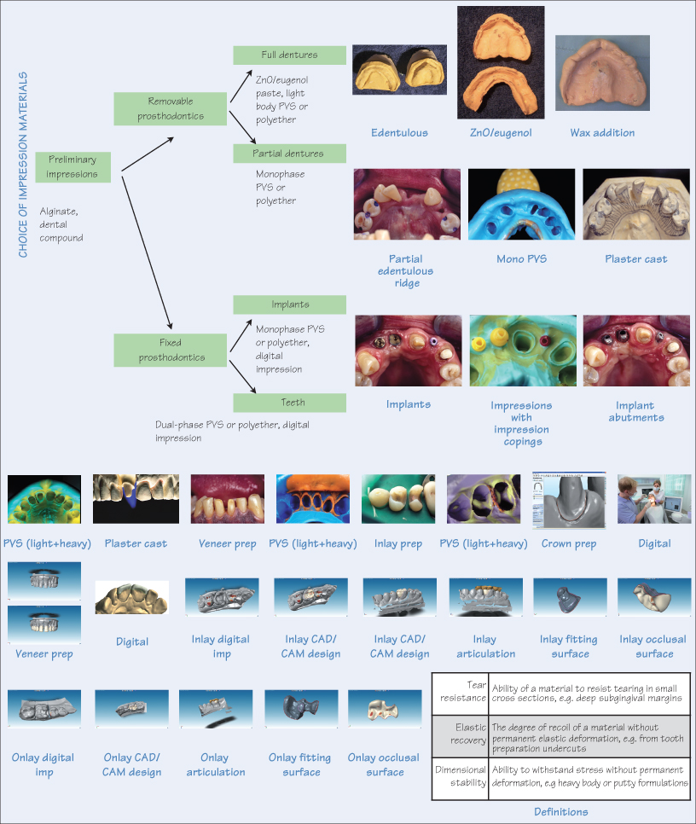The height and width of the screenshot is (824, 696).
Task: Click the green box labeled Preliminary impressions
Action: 72,167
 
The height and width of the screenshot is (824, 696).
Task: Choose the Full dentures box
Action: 289,55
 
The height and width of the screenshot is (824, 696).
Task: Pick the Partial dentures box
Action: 289,154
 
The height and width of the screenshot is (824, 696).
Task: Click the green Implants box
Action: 289,305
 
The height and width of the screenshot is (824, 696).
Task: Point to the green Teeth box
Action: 289,403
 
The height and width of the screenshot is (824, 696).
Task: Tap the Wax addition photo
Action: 602,75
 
